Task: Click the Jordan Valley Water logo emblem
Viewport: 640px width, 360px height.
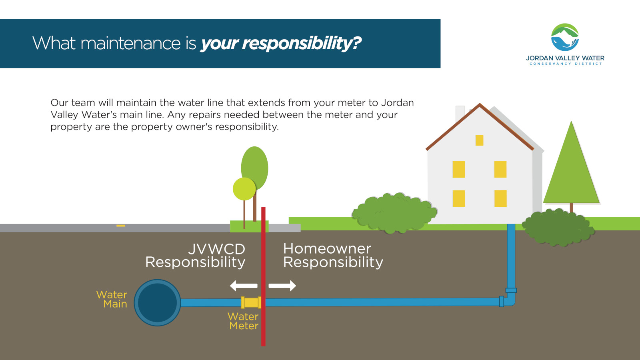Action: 565,37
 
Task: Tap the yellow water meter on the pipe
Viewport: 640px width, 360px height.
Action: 251,302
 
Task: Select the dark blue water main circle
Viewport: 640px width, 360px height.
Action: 158,302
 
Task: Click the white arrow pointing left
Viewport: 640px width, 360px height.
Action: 244,286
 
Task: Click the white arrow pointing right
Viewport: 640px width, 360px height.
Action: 282,286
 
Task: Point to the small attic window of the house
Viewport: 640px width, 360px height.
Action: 480,140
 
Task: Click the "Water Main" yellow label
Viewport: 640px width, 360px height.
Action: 112,299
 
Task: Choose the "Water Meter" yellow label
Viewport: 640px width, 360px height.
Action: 243,321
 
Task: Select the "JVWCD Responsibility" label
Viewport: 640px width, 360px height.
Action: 196,256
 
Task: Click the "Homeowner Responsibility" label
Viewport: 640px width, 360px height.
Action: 333,256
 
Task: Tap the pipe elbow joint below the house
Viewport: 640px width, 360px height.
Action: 508,298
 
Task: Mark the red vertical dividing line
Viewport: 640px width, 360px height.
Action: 263,276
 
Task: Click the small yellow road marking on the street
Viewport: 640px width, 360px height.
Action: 121,226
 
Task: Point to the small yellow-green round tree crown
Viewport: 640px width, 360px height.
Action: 244,189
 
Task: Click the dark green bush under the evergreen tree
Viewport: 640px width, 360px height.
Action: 558,228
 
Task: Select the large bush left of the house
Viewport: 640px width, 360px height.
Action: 394,213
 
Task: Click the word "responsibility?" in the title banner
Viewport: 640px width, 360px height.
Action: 302,44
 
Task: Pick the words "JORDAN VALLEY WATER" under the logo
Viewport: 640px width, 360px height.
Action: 565,58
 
